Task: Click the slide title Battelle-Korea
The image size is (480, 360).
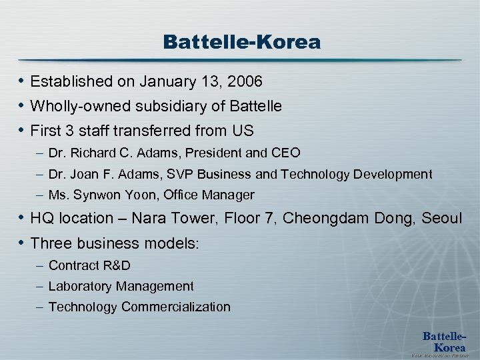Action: point(241,43)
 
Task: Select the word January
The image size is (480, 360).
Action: point(164,82)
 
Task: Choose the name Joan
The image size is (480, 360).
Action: point(82,174)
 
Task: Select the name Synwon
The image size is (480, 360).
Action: point(95,195)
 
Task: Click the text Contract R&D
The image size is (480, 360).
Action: point(89,265)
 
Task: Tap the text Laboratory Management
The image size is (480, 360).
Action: point(121,286)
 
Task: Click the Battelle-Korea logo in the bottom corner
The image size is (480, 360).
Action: point(445,341)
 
